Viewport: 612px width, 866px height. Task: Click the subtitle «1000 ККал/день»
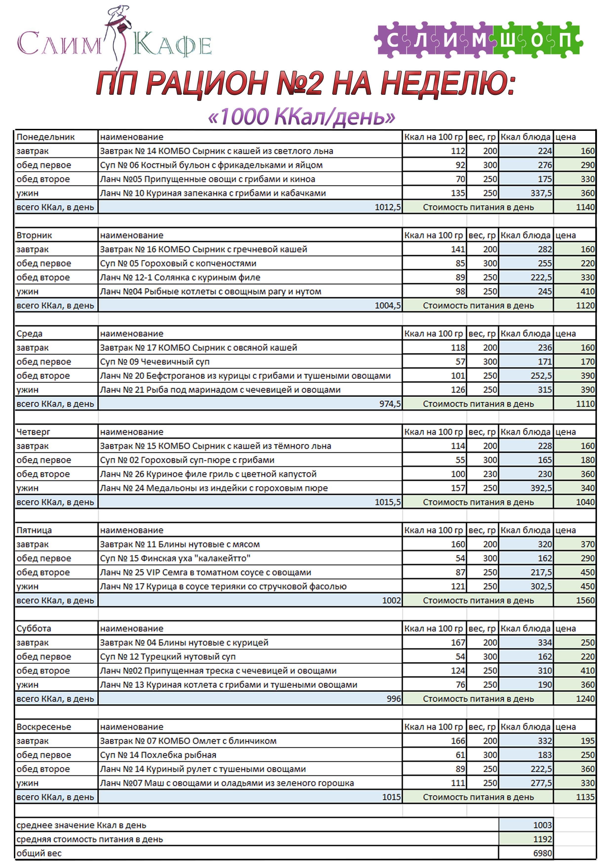(301, 117)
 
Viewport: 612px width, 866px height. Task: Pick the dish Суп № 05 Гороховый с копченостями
(178, 263)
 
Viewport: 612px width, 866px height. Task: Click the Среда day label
(29, 334)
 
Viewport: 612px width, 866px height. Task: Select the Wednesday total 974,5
(389, 404)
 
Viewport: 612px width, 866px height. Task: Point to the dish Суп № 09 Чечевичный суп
(154, 362)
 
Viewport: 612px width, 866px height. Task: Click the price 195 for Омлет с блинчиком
(587, 741)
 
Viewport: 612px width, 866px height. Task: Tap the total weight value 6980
(542, 853)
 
